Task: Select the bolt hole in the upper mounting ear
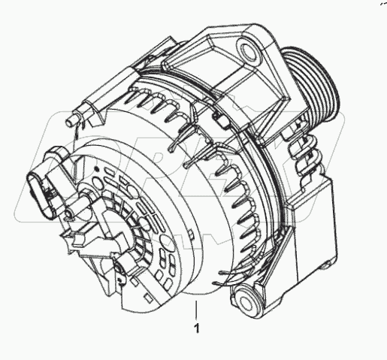pos(248,51)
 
